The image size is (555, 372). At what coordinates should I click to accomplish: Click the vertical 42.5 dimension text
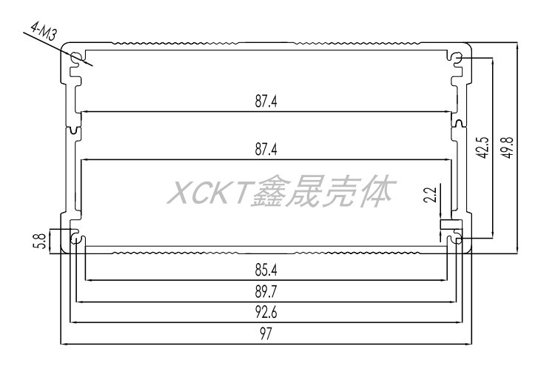[x=482, y=147]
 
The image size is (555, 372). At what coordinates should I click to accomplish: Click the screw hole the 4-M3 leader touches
[x=77, y=58]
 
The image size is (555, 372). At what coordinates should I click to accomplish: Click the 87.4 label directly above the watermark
[x=266, y=149]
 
